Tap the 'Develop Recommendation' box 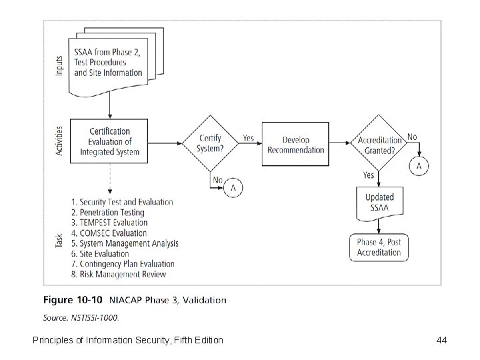295,144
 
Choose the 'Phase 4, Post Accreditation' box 379,247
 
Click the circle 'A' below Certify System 233,189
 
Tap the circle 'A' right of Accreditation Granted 419,165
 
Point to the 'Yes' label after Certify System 247,139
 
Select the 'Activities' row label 59,141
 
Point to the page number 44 441,341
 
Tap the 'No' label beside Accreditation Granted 412,137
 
